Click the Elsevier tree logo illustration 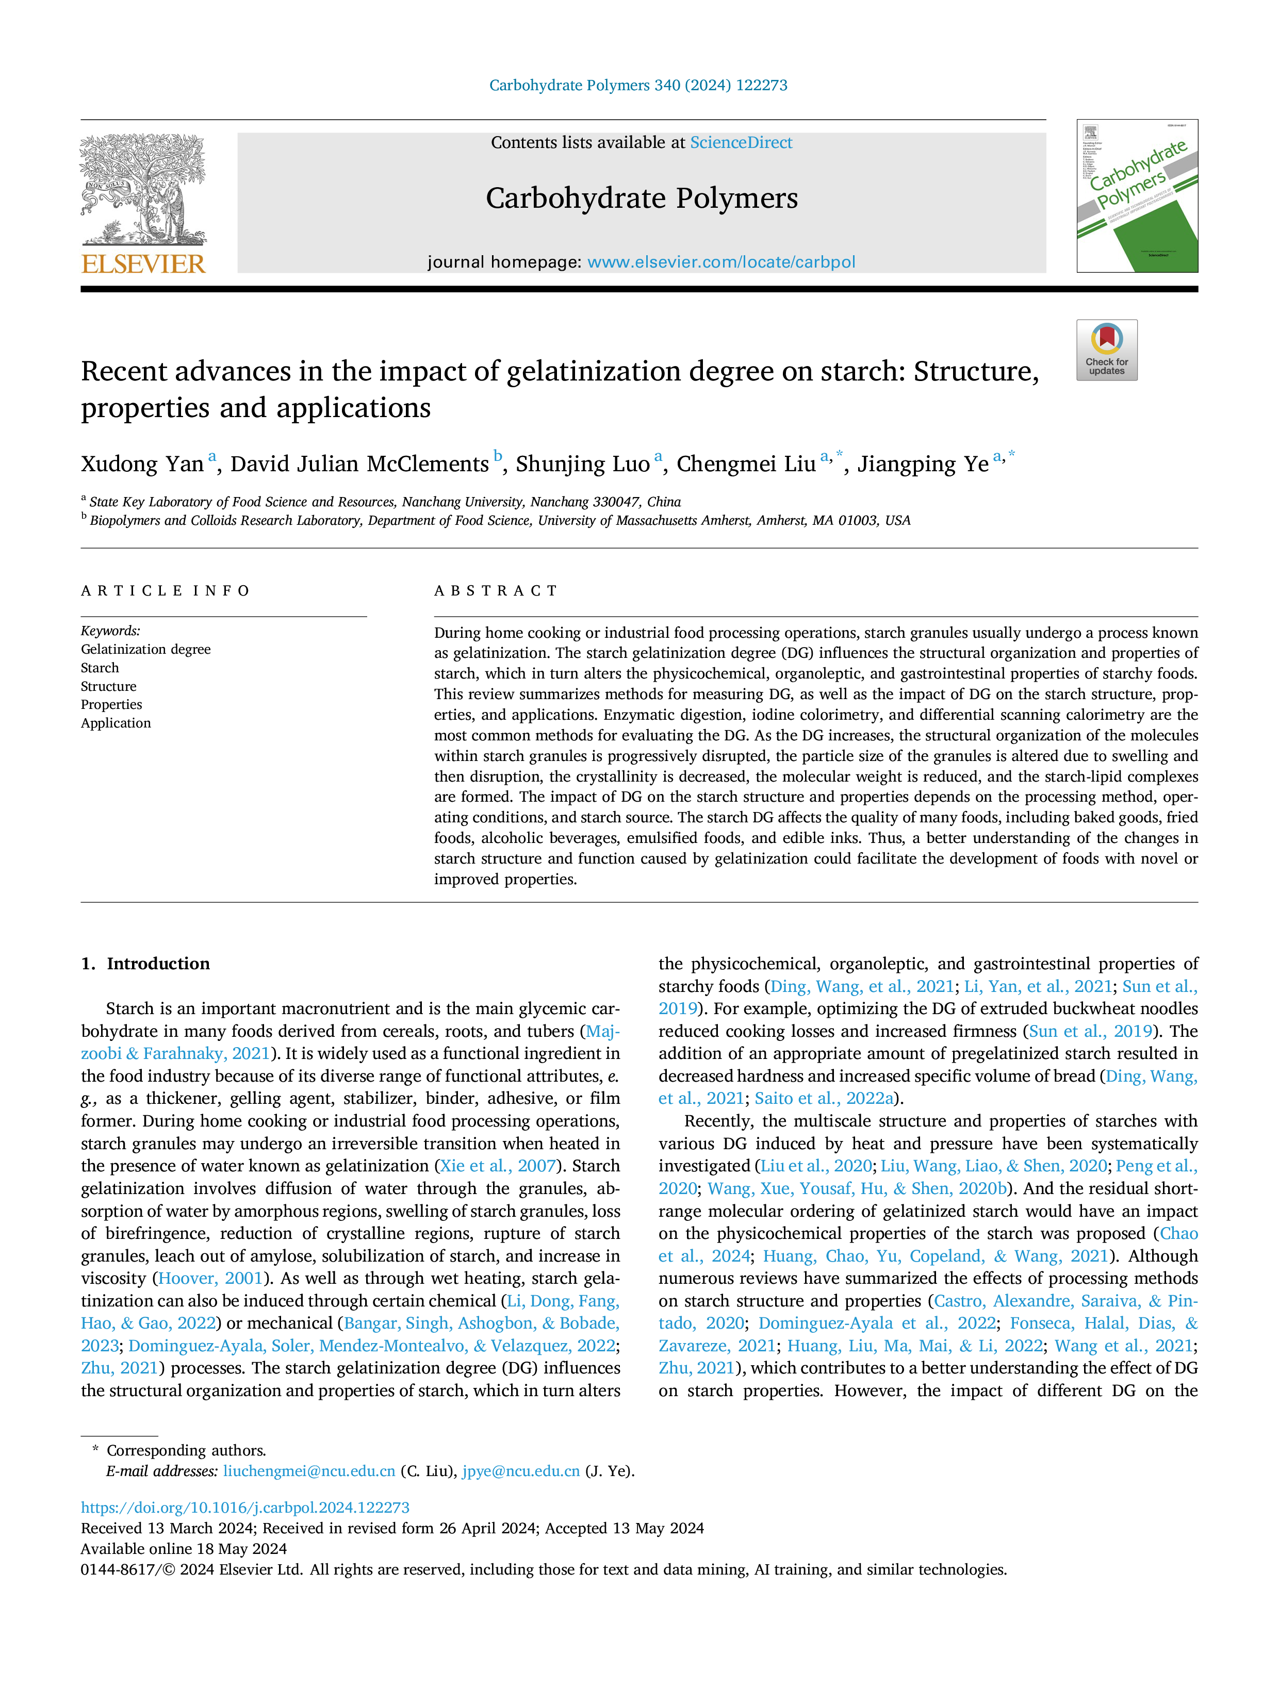pyautogui.click(x=143, y=190)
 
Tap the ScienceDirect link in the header pyautogui.click(x=741, y=143)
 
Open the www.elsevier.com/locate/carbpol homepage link pyautogui.click(x=721, y=262)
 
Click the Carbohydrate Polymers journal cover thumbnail pyautogui.click(x=1137, y=196)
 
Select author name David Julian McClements pyautogui.click(x=359, y=464)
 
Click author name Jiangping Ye pyautogui.click(x=923, y=464)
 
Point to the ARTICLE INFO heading pyautogui.click(x=165, y=591)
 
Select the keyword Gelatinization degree pyautogui.click(x=146, y=650)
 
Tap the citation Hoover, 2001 pyautogui.click(x=210, y=1279)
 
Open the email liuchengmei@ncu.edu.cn pyautogui.click(x=309, y=1471)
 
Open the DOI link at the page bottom pyautogui.click(x=245, y=1508)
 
